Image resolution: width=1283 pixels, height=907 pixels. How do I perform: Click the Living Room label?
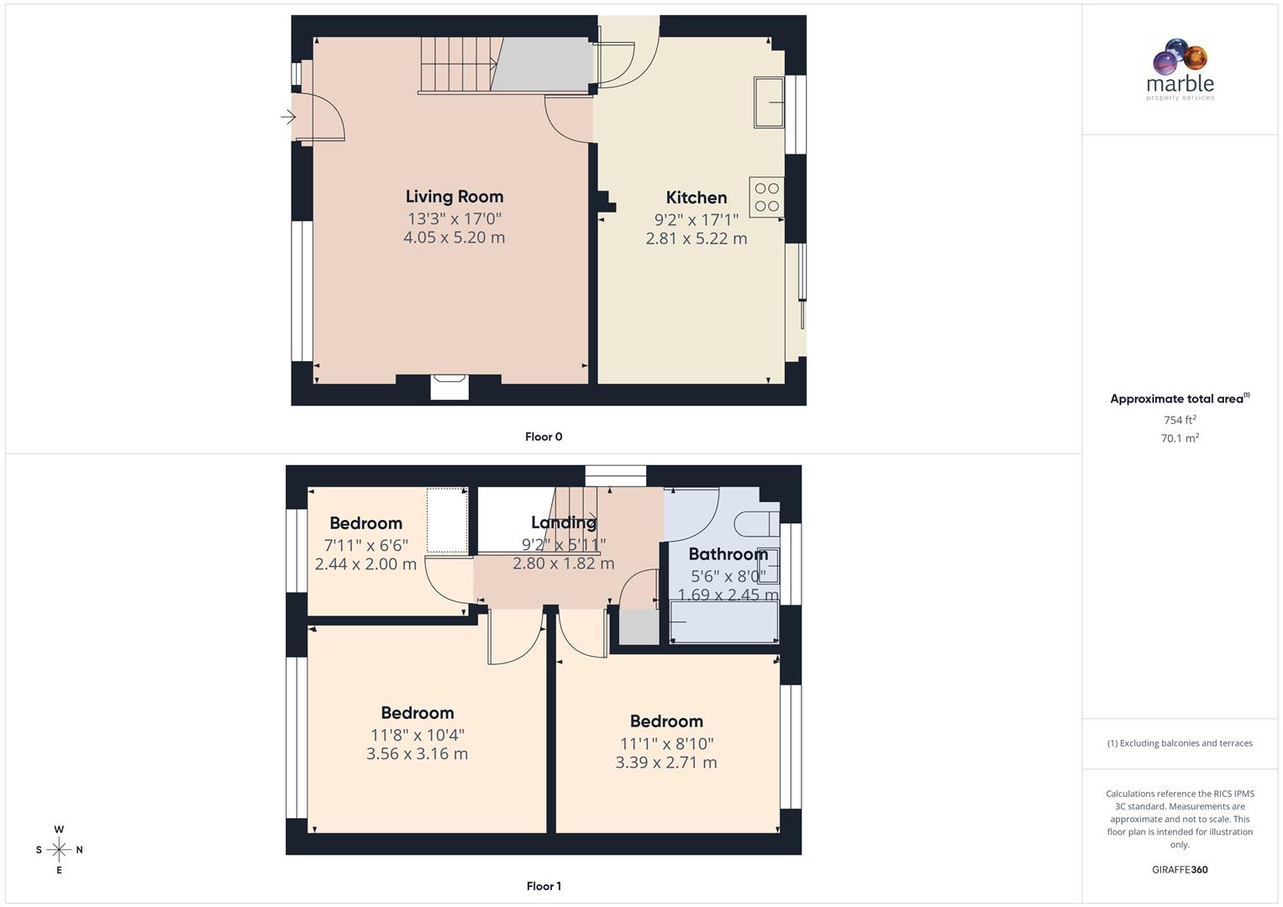(x=455, y=197)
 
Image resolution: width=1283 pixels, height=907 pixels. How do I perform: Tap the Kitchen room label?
(x=697, y=197)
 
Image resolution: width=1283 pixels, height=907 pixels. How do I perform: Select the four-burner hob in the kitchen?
(x=766, y=197)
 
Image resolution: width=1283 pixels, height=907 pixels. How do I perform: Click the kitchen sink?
(x=769, y=102)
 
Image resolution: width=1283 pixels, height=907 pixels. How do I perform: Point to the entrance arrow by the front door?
(x=288, y=117)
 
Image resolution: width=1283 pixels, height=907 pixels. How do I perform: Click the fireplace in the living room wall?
(x=450, y=386)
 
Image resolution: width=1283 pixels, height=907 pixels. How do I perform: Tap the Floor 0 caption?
(x=544, y=437)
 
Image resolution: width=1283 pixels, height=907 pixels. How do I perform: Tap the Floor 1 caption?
(x=544, y=886)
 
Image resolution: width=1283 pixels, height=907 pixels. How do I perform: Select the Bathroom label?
(x=728, y=554)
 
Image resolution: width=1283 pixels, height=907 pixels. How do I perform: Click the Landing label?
(x=564, y=522)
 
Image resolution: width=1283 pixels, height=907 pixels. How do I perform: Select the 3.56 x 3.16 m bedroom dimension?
(x=417, y=753)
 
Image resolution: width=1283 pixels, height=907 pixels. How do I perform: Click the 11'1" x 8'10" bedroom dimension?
(x=666, y=743)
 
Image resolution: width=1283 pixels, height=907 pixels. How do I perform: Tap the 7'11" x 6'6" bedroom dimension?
(x=365, y=545)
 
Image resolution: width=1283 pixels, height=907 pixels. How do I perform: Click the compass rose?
(x=59, y=850)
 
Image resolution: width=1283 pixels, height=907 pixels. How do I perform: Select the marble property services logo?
(x=1180, y=70)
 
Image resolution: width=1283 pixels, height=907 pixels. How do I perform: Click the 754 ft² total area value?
(x=1180, y=420)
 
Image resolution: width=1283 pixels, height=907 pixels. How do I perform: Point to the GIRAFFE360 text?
(x=1180, y=870)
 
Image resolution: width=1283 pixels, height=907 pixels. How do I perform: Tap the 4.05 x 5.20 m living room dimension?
(x=455, y=238)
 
